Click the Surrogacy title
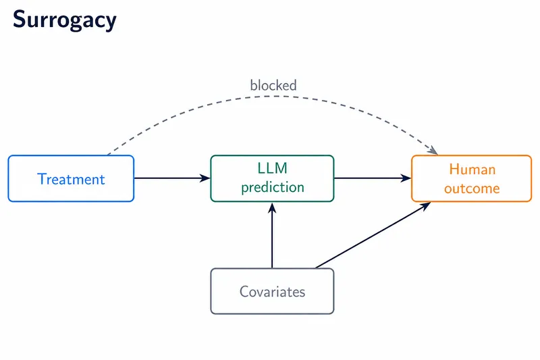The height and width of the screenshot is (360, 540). click(x=65, y=20)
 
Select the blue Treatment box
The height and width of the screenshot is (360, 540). click(x=71, y=178)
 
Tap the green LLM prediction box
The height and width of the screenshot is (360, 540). click(x=272, y=178)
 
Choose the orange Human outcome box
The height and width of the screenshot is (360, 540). click(x=471, y=178)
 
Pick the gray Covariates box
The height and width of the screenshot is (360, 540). click(x=272, y=291)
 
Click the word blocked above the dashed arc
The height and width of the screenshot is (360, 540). click(x=273, y=85)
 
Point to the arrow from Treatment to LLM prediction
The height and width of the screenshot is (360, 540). click(x=172, y=178)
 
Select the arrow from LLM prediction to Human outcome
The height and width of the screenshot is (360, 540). click(x=373, y=178)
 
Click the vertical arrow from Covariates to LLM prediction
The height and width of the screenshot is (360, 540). click(x=272, y=235)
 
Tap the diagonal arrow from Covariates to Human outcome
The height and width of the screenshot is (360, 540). click(x=373, y=235)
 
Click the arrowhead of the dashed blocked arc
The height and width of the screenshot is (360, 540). click(x=433, y=151)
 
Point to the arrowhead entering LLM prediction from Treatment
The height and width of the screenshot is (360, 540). click(x=205, y=178)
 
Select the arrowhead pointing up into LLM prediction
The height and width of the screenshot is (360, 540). click(x=272, y=207)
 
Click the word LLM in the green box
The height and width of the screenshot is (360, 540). click(x=272, y=168)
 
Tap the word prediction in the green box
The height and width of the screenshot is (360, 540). click(x=273, y=187)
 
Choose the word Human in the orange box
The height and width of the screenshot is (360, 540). click(x=472, y=170)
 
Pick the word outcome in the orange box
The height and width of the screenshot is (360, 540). click(x=472, y=188)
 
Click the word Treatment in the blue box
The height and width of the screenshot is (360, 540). click(x=71, y=179)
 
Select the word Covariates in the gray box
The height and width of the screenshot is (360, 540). click(x=273, y=292)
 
